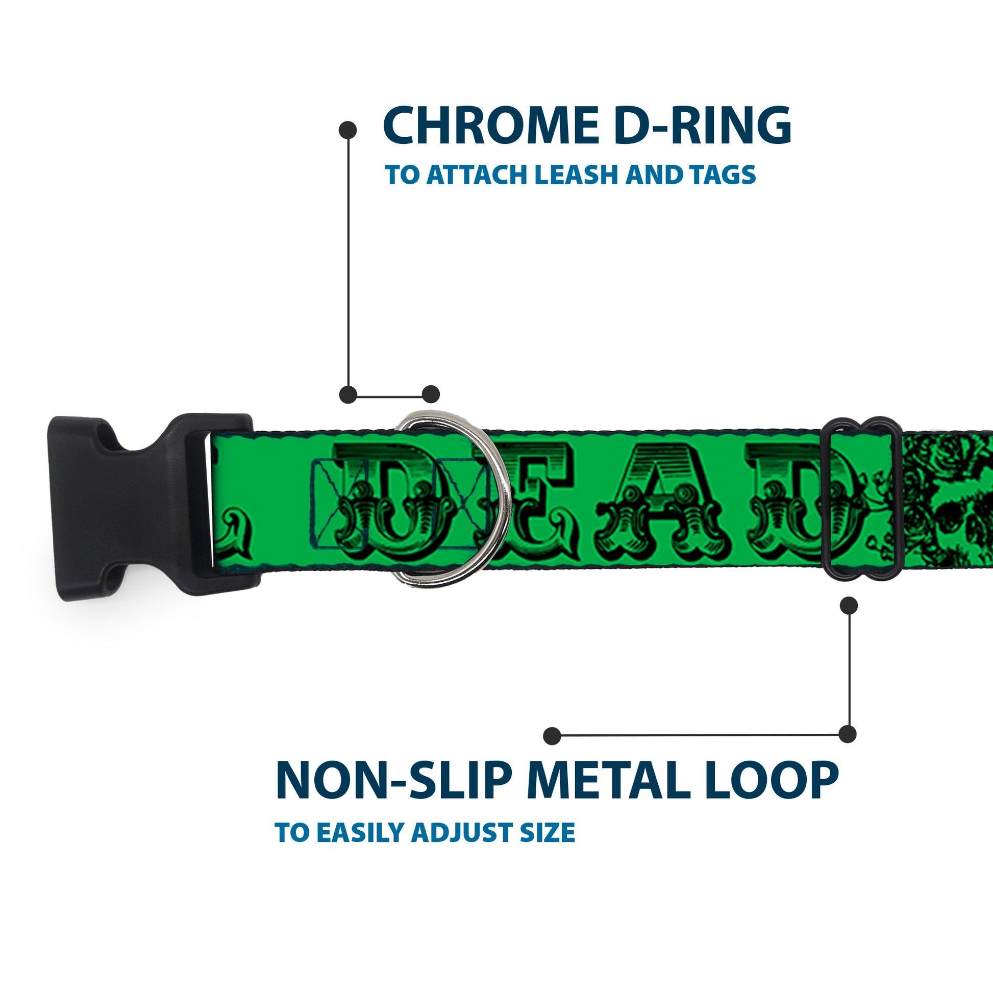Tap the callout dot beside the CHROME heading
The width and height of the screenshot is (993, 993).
[x=348, y=130]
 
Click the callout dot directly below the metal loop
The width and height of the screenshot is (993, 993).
[x=849, y=606]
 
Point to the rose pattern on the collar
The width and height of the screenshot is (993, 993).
[x=946, y=493]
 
